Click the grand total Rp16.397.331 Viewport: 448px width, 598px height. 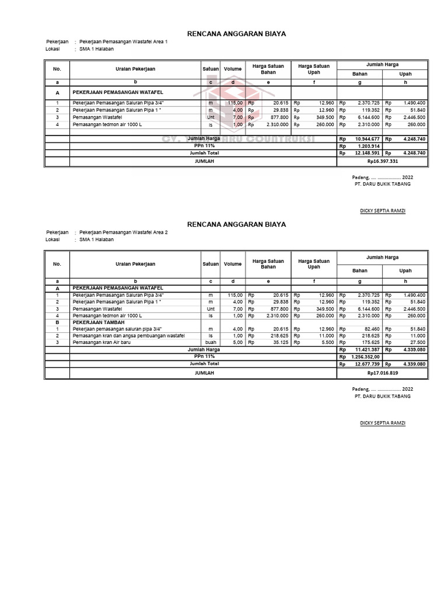[382, 161]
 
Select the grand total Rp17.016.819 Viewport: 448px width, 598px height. [382, 373]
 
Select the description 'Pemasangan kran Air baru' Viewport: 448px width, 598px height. [101, 342]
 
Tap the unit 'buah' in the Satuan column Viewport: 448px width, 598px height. [211, 342]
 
